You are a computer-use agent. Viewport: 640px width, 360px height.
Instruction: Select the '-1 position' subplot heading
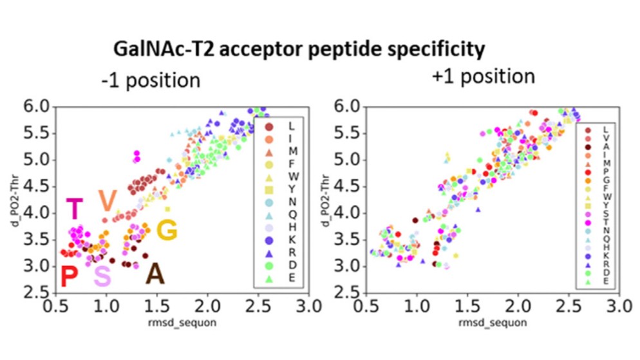coord(150,81)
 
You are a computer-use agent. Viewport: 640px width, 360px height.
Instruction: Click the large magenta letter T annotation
coord(75,209)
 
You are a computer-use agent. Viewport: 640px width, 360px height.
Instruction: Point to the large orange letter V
coord(107,202)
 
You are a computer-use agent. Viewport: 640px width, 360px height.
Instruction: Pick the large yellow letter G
coord(167,231)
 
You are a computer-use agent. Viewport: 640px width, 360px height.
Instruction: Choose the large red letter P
coord(69,278)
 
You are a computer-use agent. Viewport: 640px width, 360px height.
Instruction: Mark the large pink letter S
coord(102,278)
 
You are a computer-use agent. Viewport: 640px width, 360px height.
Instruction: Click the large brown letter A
coord(155,274)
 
